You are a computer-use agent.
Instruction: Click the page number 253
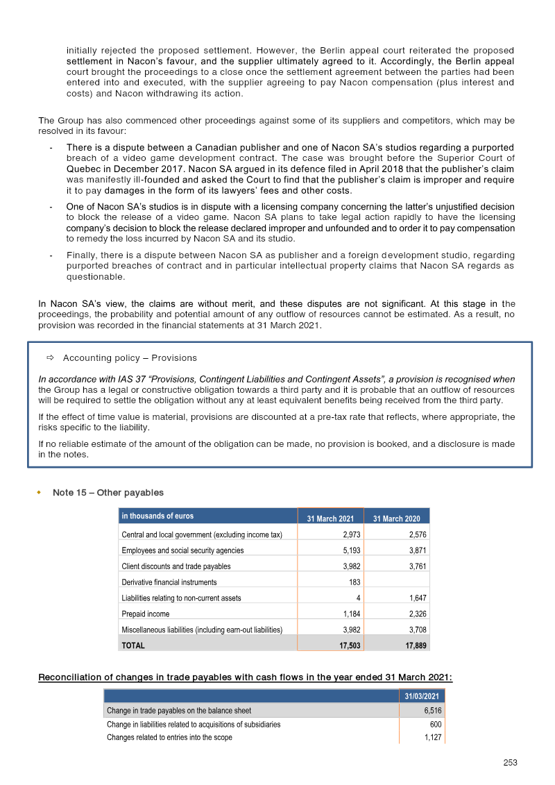coord(511,762)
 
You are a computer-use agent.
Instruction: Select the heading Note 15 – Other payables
coord(108,492)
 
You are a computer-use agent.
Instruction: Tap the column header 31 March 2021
coord(330,518)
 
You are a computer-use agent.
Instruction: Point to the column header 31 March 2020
coord(397,518)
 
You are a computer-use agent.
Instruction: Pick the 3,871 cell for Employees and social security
coord(414,550)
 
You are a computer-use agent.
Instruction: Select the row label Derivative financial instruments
coord(169,582)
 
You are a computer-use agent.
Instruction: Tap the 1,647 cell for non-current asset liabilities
coord(414,598)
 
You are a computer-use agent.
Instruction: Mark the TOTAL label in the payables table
coord(133,645)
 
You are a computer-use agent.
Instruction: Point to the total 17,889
coord(412,645)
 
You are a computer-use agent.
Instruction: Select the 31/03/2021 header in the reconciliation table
coord(422,696)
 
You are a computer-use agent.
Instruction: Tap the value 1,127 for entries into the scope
coord(432,737)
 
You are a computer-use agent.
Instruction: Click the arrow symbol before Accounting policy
coord(50,358)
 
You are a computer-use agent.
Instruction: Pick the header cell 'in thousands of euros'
coord(157,516)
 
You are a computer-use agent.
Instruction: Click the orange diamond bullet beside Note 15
coord(39,492)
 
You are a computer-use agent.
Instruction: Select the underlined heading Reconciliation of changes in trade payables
coord(245,677)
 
